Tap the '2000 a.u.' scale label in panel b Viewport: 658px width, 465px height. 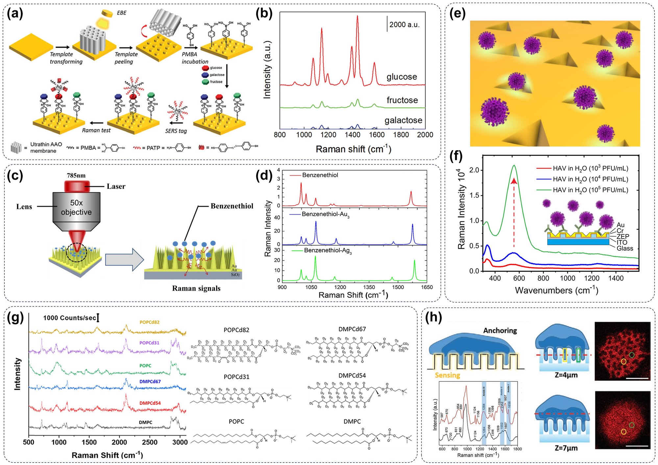coord(404,25)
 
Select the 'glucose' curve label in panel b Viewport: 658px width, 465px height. coord(402,77)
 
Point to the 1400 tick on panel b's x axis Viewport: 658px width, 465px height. coord(353,135)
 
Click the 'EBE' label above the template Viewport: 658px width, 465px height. coord(121,13)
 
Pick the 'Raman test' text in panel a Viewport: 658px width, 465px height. coord(96,130)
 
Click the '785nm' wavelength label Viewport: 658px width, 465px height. coord(76,176)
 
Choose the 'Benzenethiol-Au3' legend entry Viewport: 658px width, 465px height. coord(325,214)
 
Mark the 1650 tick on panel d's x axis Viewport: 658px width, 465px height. coord(427,287)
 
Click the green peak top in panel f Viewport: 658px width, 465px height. coord(514,165)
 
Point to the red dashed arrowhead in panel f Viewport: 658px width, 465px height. coord(514,181)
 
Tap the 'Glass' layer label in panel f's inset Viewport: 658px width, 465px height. coord(624,249)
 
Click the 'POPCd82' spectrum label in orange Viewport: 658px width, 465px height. coord(149,322)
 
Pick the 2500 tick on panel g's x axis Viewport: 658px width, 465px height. coord(150,442)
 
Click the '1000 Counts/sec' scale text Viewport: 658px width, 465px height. coord(69,318)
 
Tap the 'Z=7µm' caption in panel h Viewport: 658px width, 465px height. coord(566,448)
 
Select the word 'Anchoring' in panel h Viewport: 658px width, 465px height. coord(500,330)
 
